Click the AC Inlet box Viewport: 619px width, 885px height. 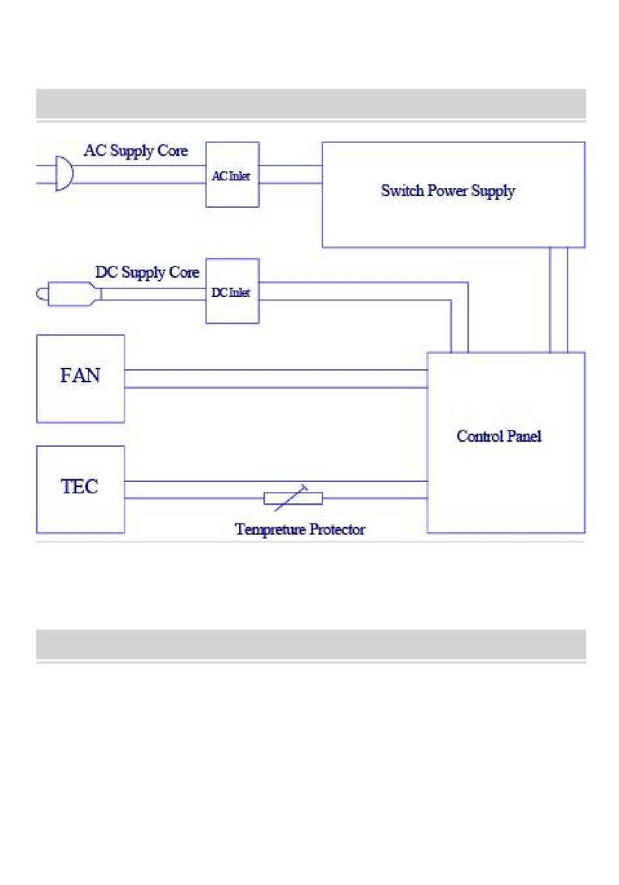[x=232, y=175]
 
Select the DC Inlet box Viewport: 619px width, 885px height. [x=232, y=291]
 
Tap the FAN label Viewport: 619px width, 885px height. [x=80, y=375]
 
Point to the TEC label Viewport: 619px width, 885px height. [x=79, y=486]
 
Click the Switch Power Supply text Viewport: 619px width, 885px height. [x=448, y=191]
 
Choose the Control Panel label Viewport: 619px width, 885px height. [x=499, y=436]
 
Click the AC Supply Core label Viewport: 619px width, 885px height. [x=136, y=150]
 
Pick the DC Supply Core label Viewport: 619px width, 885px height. [x=147, y=272]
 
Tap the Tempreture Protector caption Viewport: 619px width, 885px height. [x=300, y=529]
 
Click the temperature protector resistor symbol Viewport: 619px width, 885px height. [x=293, y=498]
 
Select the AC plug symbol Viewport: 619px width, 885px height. [x=64, y=173]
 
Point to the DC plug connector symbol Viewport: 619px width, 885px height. [x=69, y=294]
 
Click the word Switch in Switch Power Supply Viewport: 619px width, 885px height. [x=403, y=190]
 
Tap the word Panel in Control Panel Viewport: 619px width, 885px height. [x=524, y=436]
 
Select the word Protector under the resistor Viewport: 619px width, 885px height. [x=337, y=529]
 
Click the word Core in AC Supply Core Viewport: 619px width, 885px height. [x=173, y=150]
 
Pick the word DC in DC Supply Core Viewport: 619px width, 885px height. [x=107, y=272]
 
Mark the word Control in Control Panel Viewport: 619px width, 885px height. [x=480, y=436]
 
